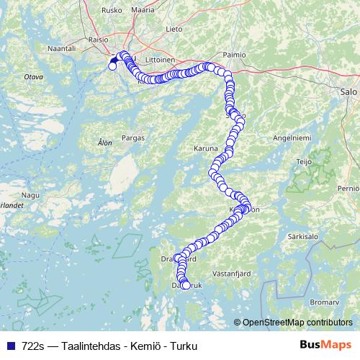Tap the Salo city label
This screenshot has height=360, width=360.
pos(348,91)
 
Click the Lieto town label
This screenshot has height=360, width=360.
pos(174,30)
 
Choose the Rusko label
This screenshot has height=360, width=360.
pos(112,10)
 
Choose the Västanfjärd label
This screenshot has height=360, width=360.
pos(231,274)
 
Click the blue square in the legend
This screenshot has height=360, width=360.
pos(10,345)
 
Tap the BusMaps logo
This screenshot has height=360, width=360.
pos(325,345)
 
